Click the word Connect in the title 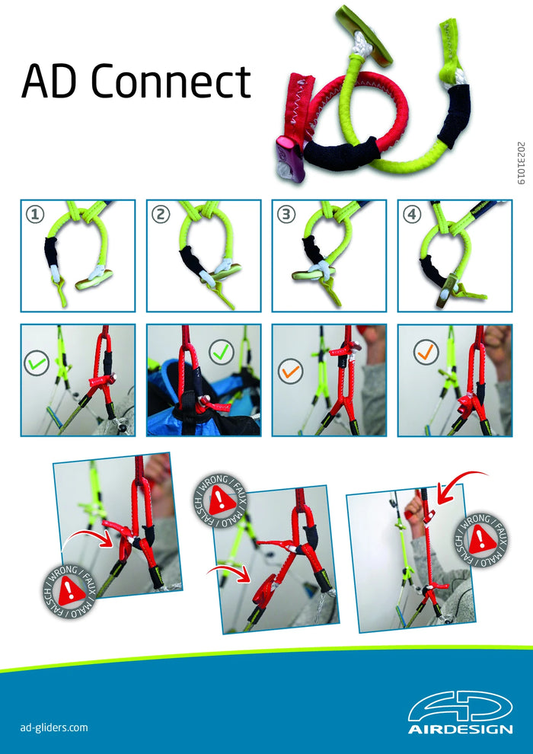[171, 81]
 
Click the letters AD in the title [52, 81]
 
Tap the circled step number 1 [35, 215]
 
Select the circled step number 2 [161, 215]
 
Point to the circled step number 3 [286, 215]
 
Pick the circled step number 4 [412, 215]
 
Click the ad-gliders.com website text [54, 727]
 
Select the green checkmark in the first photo [37, 363]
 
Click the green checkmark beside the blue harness [221, 353]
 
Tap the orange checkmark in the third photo [290, 371]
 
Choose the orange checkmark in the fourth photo [426, 353]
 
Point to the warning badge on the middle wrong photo [219, 500]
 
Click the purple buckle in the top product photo [290, 159]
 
